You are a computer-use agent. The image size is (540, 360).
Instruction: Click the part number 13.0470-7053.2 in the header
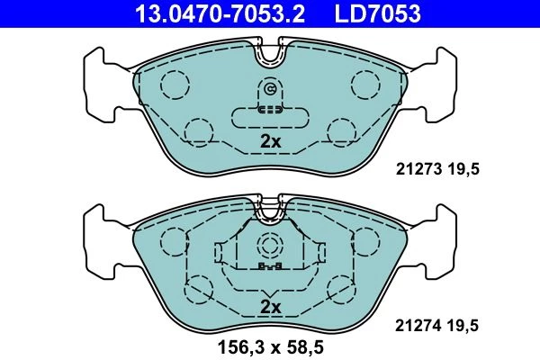click(220, 13)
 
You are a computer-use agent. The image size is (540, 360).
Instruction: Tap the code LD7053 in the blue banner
click(378, 13)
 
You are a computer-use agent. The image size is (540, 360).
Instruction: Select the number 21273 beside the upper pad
click(418, 169)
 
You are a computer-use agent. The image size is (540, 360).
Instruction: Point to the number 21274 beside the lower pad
click(418, 325)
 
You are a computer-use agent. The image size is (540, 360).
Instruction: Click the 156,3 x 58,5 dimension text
click(270, 347)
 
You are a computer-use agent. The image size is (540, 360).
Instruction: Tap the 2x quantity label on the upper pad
click(270, 141)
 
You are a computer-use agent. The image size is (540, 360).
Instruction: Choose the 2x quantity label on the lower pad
click(270, 307)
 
